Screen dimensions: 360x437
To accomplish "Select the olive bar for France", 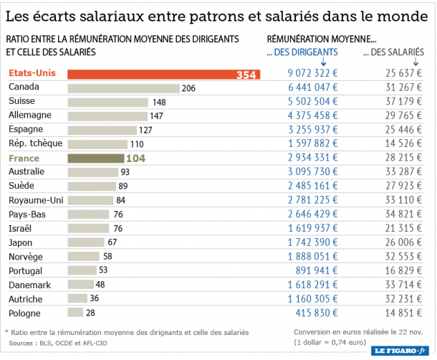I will (95, 158).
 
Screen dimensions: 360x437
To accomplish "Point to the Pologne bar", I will (75, 313).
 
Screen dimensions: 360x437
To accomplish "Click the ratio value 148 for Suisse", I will (159, 102).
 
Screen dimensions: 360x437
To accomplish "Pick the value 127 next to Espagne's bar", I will (145, 130).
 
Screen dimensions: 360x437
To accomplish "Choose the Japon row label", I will (22, 242).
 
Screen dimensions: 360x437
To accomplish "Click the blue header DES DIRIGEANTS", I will (302, 52).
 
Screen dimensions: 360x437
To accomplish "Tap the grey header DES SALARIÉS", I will (393, 52).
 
